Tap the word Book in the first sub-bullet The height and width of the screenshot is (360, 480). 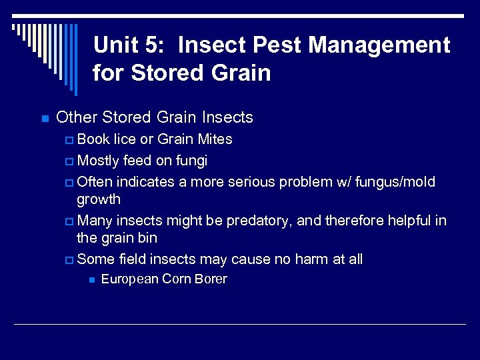93,139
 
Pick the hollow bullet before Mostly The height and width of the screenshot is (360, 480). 71,161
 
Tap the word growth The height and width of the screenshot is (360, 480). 99,199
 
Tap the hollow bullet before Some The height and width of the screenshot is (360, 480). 71,260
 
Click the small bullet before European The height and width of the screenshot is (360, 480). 91,280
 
